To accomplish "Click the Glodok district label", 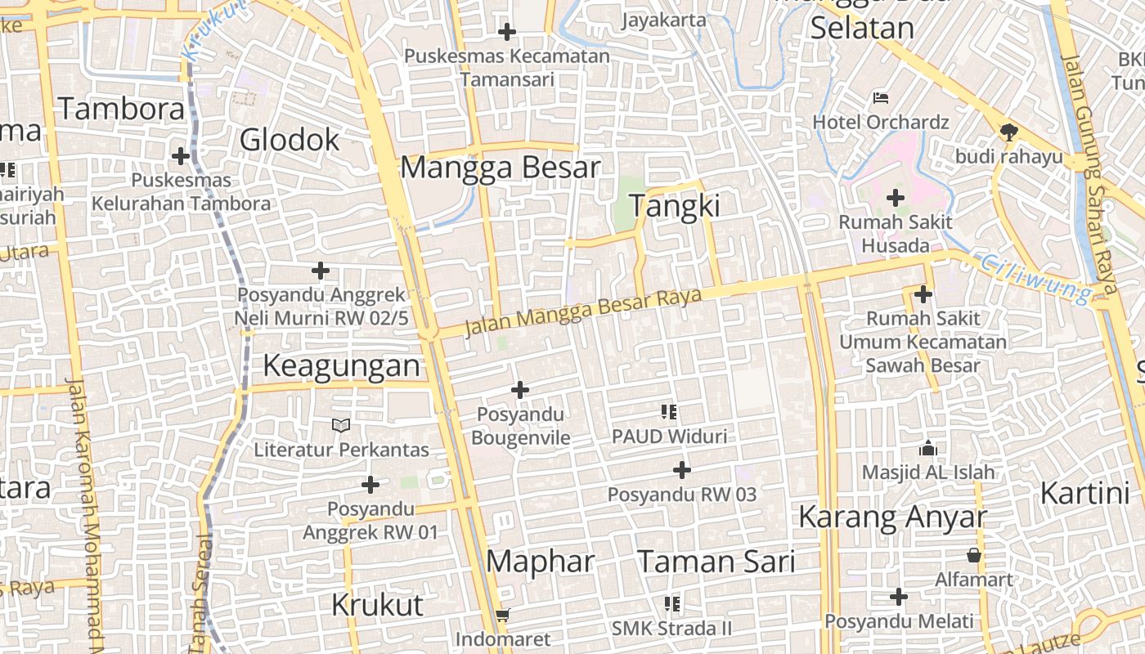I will (x=290, y=140).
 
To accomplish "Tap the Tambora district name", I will (x=121, y=109).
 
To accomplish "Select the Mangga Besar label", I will (x=501, y=168).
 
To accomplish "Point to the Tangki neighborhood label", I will (x=674, y=206).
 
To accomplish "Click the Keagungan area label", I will (x=341, y=366).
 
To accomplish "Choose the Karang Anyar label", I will (x=892, y=517).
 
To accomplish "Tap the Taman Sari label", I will (x=716, y=562).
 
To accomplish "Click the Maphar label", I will (x=540, y=562).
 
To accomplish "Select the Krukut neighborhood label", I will (x=377, y=605).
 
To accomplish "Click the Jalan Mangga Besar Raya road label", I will (x=583, y=311).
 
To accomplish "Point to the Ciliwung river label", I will (x=1035, y=278).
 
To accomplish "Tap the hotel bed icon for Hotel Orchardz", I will (x=880, y=98).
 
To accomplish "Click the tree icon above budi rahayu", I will (x=1009, y=132).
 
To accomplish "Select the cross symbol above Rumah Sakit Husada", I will (x=896, y=197).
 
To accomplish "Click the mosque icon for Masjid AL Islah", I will (x=927, y=448).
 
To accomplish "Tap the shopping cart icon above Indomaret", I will (x=503, y=615).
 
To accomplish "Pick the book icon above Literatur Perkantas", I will (x=341, y=425).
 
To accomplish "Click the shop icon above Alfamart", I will (x=973, y=556).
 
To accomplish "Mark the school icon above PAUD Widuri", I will (x=669, y=412).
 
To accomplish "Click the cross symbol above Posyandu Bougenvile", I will (x=519, y=390).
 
